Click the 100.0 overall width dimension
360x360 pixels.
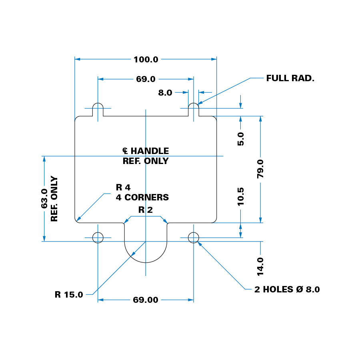146,60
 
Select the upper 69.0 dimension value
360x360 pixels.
146,79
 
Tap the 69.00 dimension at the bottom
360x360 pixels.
146,300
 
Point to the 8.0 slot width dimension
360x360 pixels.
165,93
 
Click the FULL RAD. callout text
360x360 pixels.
290,78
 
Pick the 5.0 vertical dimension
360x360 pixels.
240,138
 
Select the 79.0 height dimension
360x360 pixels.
260,168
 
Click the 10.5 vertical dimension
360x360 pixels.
240,196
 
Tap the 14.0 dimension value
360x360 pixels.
260,266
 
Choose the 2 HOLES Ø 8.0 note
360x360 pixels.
287,290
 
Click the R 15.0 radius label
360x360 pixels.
69,295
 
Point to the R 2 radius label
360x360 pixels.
145,210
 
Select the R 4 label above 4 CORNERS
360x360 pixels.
123,187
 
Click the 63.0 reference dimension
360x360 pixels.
44,198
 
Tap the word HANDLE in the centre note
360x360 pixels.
150,151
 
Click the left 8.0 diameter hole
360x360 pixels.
98,238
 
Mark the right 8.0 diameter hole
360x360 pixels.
194,238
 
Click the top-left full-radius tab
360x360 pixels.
98,109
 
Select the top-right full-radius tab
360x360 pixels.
194,109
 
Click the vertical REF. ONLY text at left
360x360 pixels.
54,199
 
